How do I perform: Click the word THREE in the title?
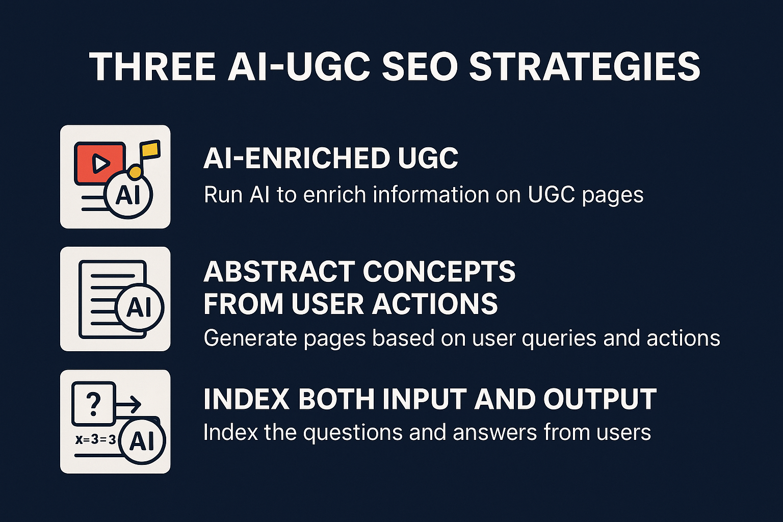pyautogui.click(x=152, y=66)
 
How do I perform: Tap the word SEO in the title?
pyautogui.click(x=420, y=66)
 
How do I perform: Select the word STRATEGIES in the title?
pyautogui.click(x=585, y=66)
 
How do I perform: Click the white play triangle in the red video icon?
pyautogui.click(x=100, y=163)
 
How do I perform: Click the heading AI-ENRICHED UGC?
pyautogui.click(x=331, y=158)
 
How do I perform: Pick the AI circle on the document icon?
pyautogui.click(x=140, y=308)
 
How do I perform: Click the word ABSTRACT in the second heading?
pyautogui.click(x=280, y=271)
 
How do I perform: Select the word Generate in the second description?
pyautogui.click(x=250, y=338)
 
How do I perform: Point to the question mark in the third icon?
pyautogui.click(x=93, y=404)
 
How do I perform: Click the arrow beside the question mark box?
pyautogui.click(x=128, y=405)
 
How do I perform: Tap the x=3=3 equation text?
pyautogui.click(x=95, y=439)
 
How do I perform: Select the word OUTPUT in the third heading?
pyautogui.click(x=600, y=399)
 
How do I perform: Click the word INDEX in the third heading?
pyautogui.click(x=246, y=399)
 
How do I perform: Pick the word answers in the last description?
pyautogui.click(x=494, y=432)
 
